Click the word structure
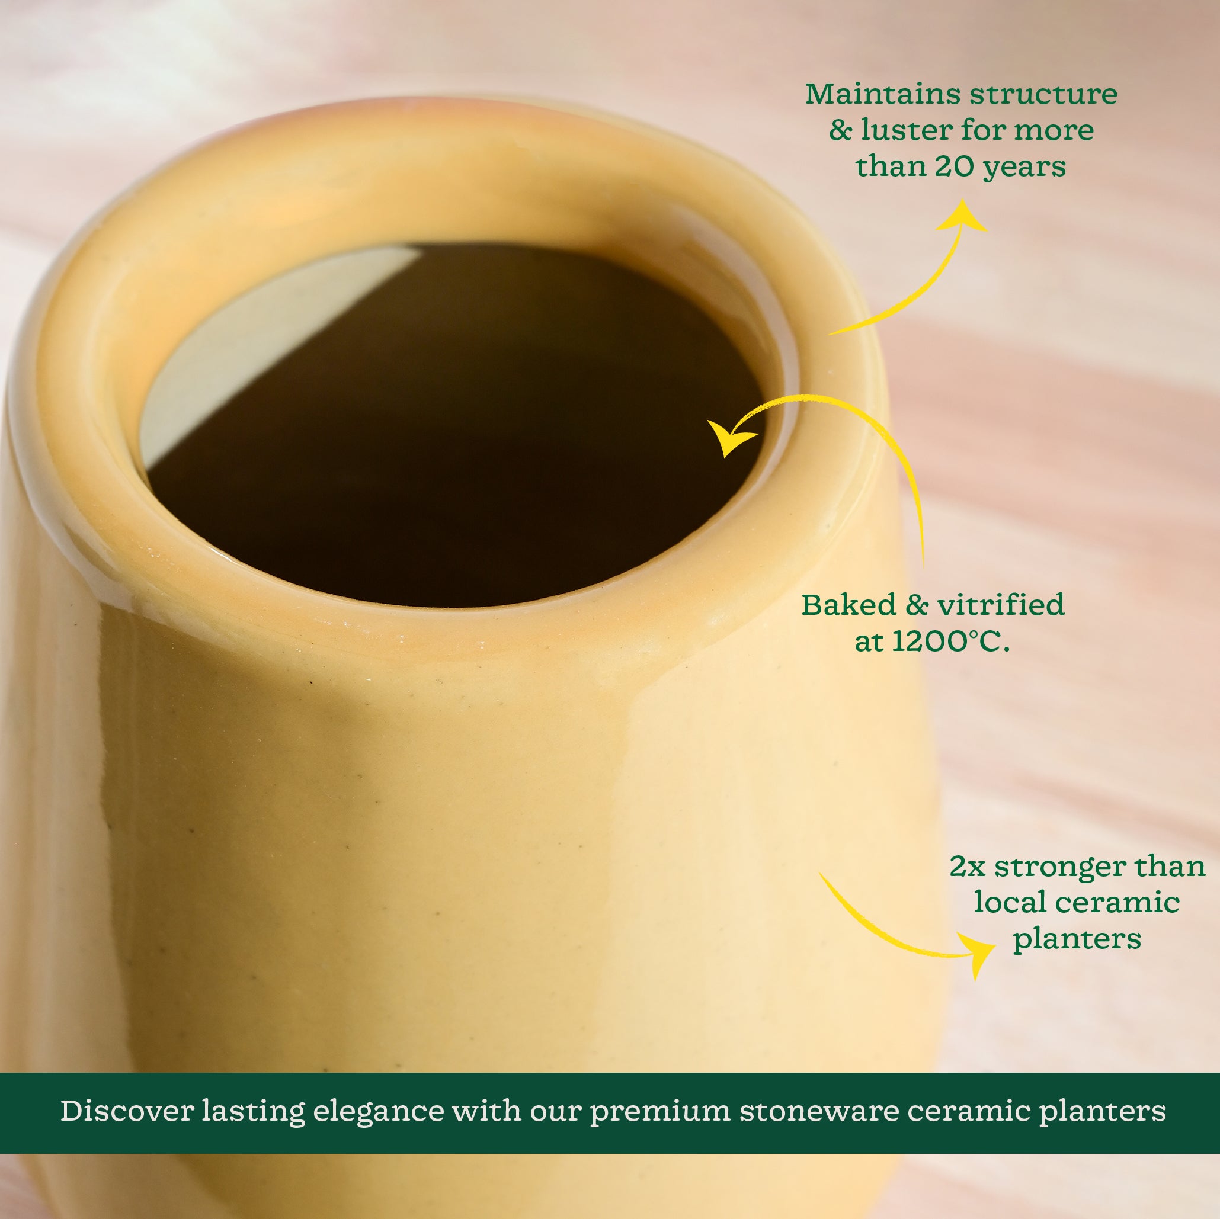tap(1044, 95)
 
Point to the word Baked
tap(848, 605)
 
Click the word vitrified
tap(1001, 605)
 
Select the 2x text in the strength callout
tap(967, 867)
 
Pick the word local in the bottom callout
tap(1005, 903)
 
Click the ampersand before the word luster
tap(840, 131)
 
